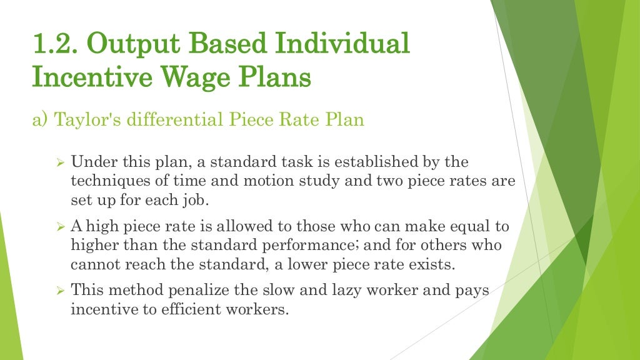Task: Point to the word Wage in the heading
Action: pyautogui.click(x=197, y=79)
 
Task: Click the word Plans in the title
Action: pyautogui.click(x=277, y=79)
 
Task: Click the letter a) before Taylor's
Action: pyautogui.click(x=41, y=119)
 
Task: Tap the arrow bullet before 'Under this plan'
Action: pyautogui.click(x=61, y=163)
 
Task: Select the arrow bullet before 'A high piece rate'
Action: pyautogui.click(x=61, y=227)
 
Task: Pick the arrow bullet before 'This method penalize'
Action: pyautogui.click(x=61, y=291)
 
